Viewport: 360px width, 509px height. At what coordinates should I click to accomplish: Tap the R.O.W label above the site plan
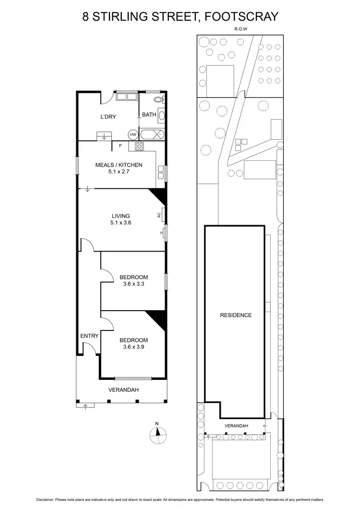(240, 29)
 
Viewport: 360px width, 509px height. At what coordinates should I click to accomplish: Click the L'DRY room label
(108, 117)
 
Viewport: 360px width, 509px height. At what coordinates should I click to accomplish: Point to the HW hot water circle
(133, 135)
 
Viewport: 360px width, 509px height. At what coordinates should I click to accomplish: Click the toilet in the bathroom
(160, 99)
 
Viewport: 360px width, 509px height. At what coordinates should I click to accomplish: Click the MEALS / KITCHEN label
(119, 165)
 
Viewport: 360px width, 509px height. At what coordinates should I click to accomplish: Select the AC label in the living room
(158, 215)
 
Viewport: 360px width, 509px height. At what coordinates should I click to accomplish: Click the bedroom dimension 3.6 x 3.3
(133, 284)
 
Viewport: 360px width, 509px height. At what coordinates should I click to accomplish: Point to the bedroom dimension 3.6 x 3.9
(133, 347)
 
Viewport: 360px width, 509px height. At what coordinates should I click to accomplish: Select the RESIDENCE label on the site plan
(236, 315)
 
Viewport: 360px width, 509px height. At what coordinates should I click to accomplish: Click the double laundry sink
(127, 96)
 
